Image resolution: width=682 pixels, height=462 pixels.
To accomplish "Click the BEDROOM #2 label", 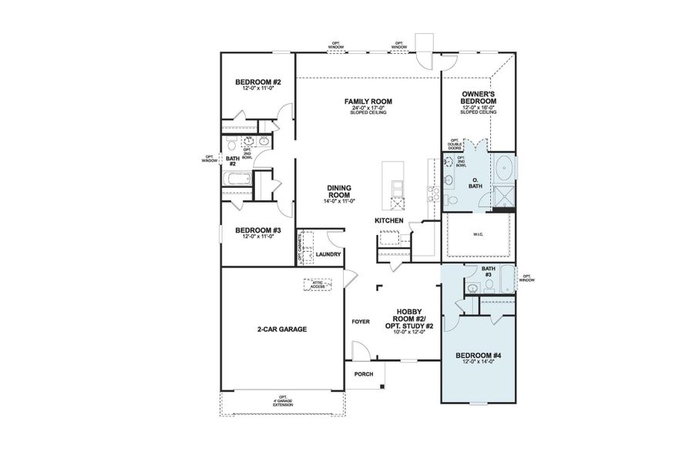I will (257, 82).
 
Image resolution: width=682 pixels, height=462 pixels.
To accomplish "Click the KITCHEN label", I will (389, 221).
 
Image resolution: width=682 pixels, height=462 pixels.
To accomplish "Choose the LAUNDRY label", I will (328, 254).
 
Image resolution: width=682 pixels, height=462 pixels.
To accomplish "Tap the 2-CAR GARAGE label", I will (282, 329).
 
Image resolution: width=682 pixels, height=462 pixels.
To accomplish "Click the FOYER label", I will (361, 322).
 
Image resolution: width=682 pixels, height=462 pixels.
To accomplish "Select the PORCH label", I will (364, 374).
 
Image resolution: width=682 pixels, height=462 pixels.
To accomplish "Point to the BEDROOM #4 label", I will (478, 355).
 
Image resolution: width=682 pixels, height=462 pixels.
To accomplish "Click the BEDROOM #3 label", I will (257, 230).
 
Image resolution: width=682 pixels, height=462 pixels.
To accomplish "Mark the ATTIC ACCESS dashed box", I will (317, 284).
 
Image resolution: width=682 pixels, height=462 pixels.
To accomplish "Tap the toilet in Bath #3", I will (489, 286).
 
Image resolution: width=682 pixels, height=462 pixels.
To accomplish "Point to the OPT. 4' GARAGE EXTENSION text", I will (282, 401).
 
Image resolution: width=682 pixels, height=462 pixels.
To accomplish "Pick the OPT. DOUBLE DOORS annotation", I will (455, 145).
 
